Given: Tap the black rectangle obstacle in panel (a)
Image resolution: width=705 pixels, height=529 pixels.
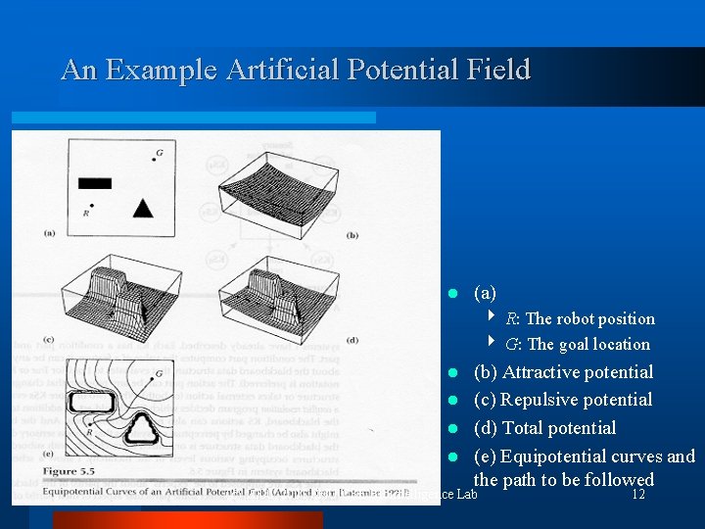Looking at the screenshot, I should pos(95,182).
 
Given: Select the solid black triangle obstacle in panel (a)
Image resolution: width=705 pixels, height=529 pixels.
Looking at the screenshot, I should pos(143,207).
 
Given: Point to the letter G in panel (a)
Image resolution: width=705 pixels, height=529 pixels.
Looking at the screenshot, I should pos(159,154).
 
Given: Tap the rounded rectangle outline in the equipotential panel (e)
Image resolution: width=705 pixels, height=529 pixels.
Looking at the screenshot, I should pos(93,402).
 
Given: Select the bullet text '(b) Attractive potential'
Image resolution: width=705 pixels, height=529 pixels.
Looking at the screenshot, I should pos(563,372).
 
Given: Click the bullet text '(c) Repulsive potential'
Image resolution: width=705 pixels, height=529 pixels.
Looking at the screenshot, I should pos(562,400).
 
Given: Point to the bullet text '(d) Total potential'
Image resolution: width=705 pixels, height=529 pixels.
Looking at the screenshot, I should pos(544,428).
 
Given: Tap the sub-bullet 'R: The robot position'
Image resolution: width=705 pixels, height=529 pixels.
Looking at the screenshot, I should pos(580,318).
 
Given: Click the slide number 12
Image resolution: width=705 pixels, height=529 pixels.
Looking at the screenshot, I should pos(637,495).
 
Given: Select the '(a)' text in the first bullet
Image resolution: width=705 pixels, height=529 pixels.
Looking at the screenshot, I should pos(485,293).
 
